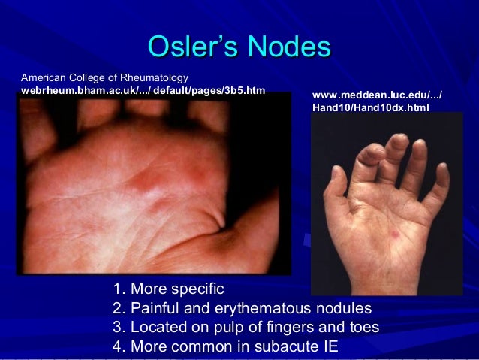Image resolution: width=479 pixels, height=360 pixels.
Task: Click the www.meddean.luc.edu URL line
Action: point(376,95)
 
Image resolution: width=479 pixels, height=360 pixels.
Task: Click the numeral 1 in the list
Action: point(116,289)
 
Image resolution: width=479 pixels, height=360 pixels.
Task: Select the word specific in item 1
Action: point(197,289)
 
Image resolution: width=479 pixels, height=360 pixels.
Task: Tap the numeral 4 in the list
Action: point(116,348)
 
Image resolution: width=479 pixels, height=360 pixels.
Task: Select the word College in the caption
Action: point(96,77)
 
